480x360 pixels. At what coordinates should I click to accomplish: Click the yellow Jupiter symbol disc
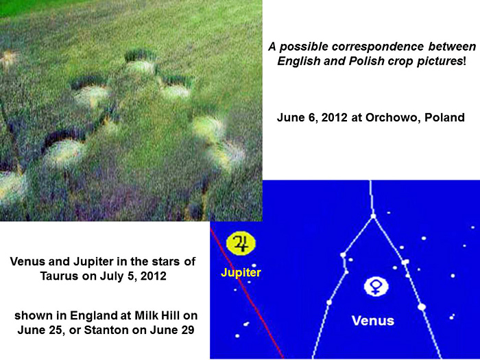[241, 243]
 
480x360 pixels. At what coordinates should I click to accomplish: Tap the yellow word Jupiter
[241, 272]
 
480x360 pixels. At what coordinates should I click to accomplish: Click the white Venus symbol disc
[376, 287]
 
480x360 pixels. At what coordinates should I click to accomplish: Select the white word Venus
[373, 320]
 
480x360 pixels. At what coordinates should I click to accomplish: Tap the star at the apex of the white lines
[373, 216]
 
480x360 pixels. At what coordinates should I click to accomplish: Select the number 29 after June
[187, 330]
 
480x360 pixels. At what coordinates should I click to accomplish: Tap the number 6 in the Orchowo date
[311, 117]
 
